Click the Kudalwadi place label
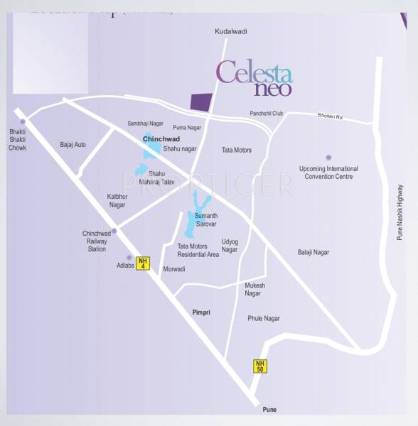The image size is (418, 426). coord(230,32)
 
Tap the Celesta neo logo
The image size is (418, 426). coord(254,78)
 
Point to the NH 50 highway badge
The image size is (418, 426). coord(260,366)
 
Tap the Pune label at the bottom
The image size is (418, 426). coord(269,410)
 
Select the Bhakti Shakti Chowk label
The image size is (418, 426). coord(17,139)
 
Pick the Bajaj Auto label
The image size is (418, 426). coord(73,145)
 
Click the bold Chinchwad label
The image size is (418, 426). coord(162,139)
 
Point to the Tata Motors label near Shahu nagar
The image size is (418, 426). coord(237,151)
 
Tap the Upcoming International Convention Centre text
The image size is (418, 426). coord(328,173)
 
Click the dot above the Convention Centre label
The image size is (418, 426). coord(328,158)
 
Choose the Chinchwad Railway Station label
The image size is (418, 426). coord(97,241)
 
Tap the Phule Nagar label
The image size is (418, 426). coord(264,318)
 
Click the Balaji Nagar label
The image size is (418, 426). coord(313,252)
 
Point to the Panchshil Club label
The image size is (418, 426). coord(267,114)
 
